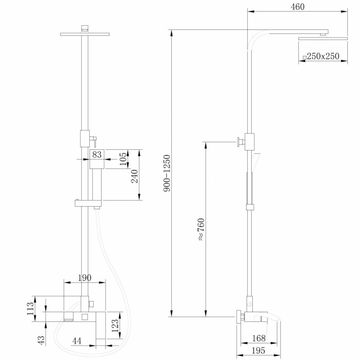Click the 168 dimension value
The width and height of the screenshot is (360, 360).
tap(259, 338)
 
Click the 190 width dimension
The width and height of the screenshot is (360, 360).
tap(84, 278)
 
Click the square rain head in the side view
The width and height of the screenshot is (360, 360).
tap(323, 38)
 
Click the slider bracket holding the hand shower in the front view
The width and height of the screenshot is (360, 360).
tap(87, 203)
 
